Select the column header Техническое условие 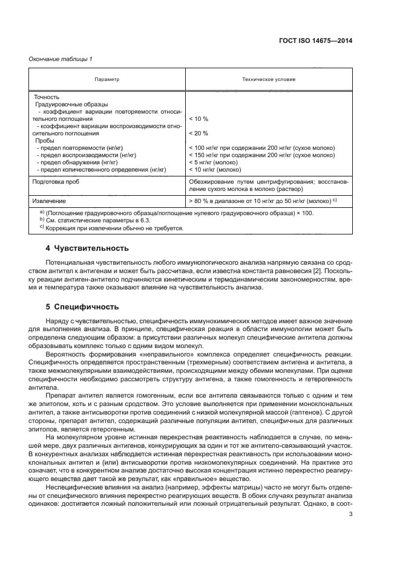pyautogui.click(x=269, y=79)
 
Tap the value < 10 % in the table pyautogui.click(x=198, y=119)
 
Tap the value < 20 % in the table pyautogui.click(x=198, y=133)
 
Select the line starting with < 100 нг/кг pyautogui.click(x=261, y=147)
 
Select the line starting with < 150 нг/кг pyautogui.click(x=261, y=155)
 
